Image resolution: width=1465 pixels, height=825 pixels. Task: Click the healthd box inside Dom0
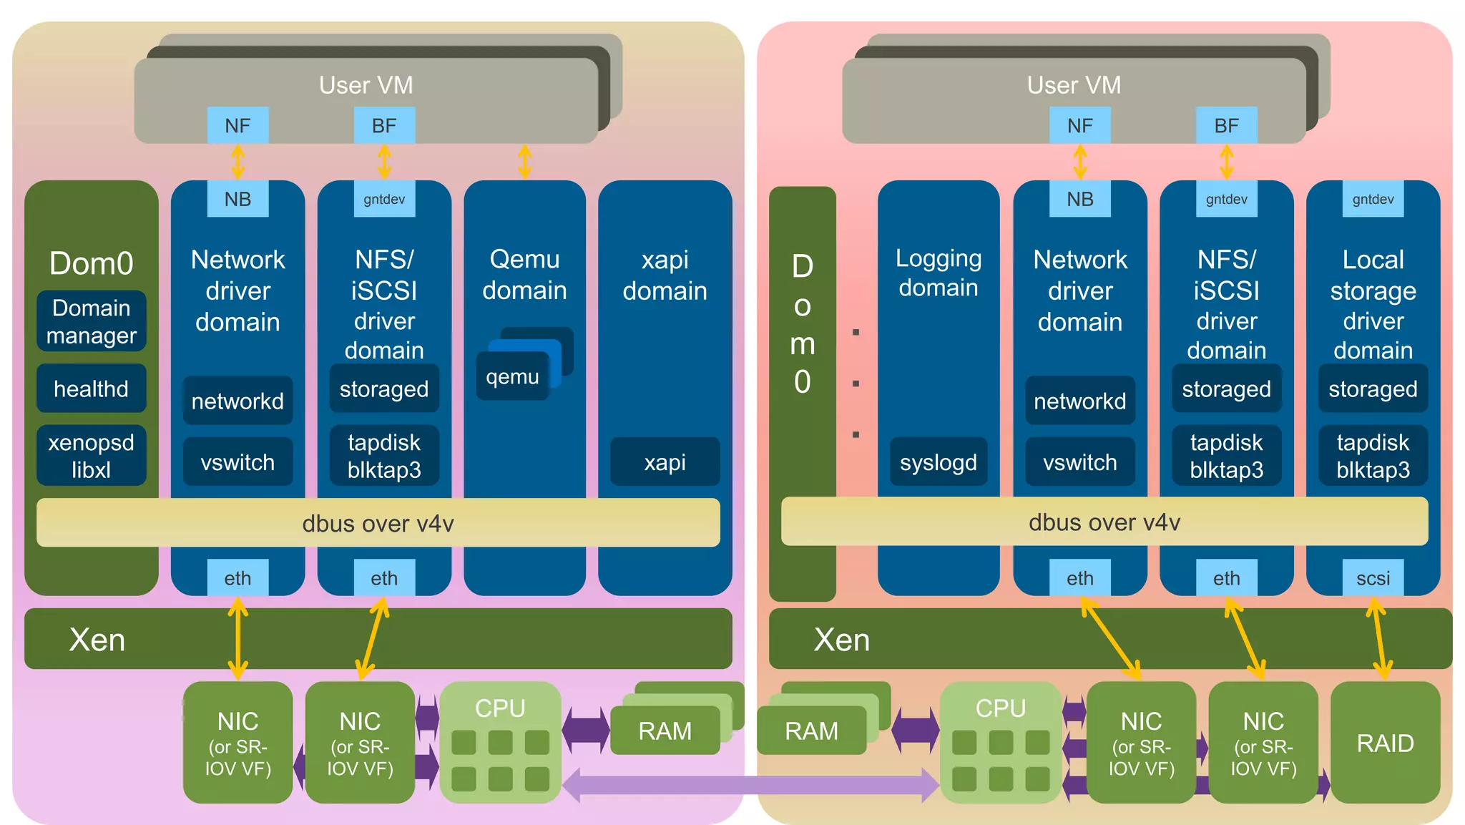click(x=91, y=389)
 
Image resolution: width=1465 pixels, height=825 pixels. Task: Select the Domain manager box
click(x=91, y=321)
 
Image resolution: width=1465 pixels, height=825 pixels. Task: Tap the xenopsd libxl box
click(x=91, y=456)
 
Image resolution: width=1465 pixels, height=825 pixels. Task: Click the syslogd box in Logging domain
click(x=938, y=462)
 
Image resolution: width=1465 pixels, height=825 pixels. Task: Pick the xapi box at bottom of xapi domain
click(x=665, y=462)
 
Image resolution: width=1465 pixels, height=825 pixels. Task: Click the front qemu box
click(x=512, y=376)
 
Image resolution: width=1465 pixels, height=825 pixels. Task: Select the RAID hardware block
click(x=1385, y=743)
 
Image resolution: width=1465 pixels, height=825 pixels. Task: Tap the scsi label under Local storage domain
click(x=1373, y=577)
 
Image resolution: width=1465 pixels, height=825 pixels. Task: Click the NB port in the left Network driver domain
click(x=237, y=199)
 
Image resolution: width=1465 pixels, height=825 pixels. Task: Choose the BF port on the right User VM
click(x=1226, y=125)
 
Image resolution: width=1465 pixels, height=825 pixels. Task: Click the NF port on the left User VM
click(x=237, y=125)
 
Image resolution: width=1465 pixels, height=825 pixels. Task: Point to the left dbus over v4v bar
click(x=378, y=523)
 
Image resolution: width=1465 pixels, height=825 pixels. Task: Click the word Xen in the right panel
click(x=841, y=639)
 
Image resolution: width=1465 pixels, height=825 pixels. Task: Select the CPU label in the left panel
click(x=500, y=708)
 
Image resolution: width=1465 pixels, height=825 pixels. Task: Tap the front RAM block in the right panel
click(x=811, y=731)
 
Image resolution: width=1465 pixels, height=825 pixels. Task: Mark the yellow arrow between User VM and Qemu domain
click(x=524, y=162)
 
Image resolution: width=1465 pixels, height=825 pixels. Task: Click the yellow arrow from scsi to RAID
click(x=1379, y=639)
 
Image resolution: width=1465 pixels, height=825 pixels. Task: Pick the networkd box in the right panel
click(x=1079, y=401)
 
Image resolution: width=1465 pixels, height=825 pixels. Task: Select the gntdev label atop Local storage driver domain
click(x=1373, y=199)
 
